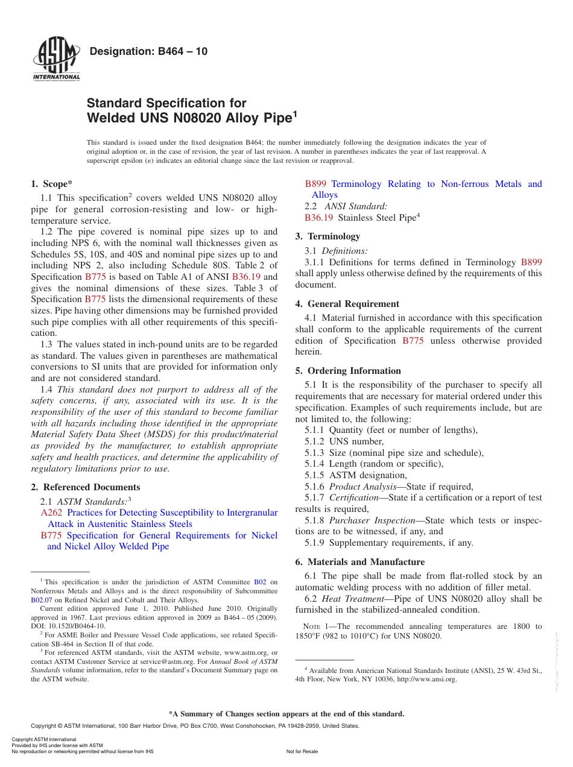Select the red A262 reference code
51,513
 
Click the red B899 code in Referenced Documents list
316,184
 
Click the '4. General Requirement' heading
347,304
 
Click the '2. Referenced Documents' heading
85,487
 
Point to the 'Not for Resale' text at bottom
302,751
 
